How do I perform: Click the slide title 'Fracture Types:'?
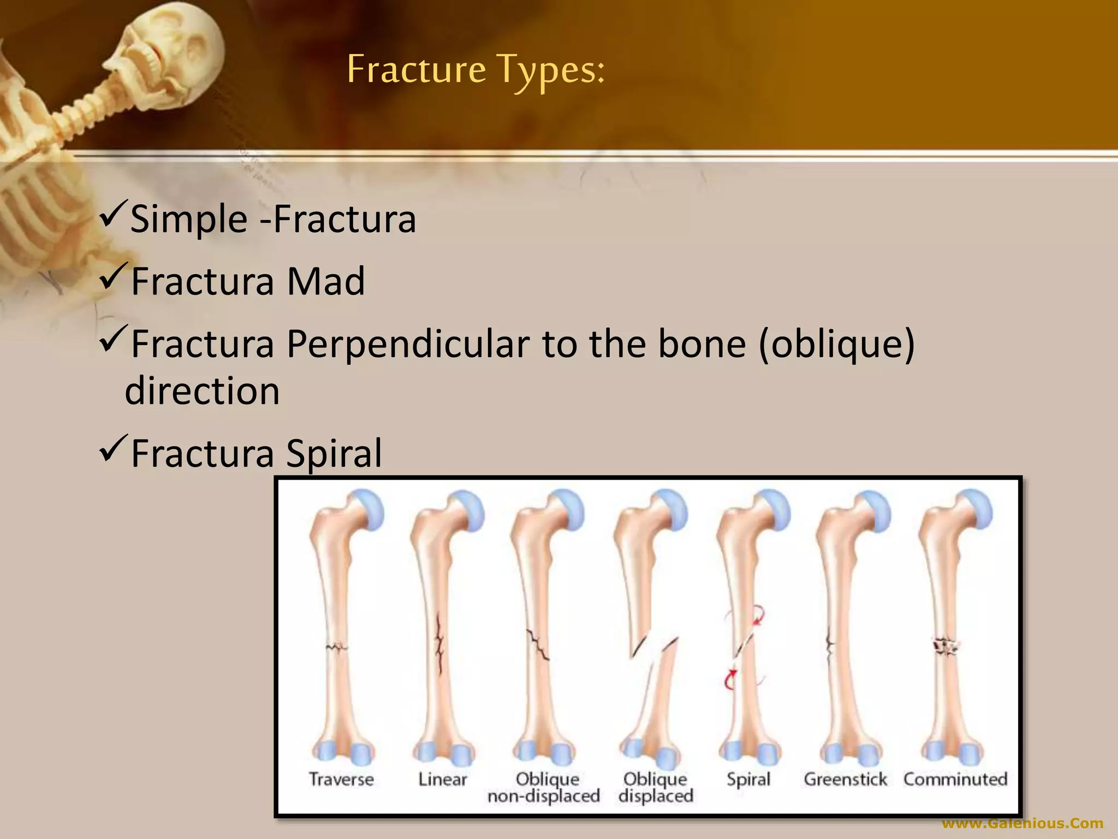tap(475, 70)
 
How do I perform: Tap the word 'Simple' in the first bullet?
tap(189, 219)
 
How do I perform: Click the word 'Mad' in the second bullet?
tap(326, 281)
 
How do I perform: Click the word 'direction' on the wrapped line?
tap(202, 391)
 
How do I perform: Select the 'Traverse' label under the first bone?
tap(341, 779)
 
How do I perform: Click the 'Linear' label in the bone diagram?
tap(443, 779)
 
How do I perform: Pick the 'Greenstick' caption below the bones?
tap(845, 779)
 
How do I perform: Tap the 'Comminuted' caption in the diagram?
tap(955, 779)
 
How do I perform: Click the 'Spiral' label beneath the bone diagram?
tap(748, 779)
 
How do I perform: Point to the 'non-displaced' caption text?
tap(544, 796)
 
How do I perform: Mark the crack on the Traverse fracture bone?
tap(336, 648)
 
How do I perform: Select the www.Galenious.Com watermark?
tap(1022, 823)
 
